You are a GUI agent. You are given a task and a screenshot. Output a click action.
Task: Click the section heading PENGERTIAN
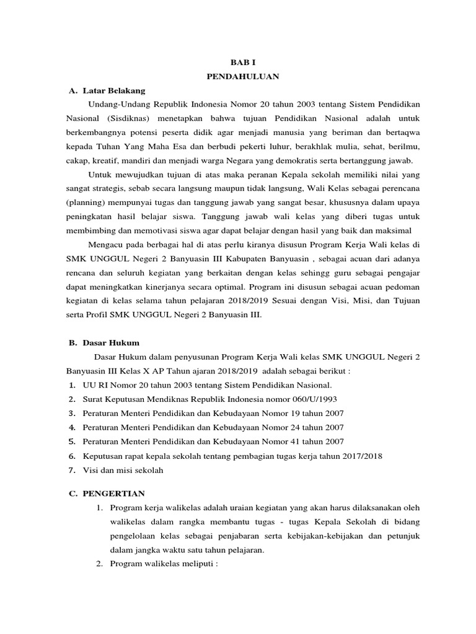click(114, 493)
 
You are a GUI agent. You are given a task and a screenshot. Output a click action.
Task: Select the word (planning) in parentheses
click(88, 202)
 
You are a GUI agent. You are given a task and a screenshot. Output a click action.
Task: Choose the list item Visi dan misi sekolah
click(123, 471)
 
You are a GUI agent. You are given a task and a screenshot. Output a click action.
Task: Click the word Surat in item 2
click(94, 400)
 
